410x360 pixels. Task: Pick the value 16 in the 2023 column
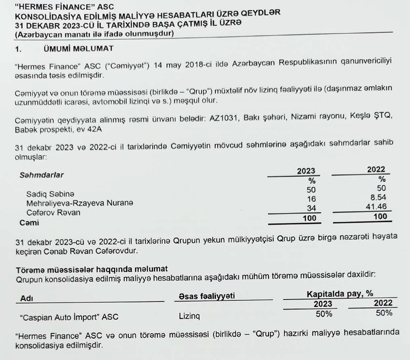pos(311,199)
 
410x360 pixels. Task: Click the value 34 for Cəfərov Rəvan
pos(311,208)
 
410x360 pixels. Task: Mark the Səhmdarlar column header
pos(41,175)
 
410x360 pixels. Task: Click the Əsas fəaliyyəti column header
pos(207,296)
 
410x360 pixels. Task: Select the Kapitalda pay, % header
pos(340,294)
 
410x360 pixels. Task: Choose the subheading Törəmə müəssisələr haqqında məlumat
pos(91,269)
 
